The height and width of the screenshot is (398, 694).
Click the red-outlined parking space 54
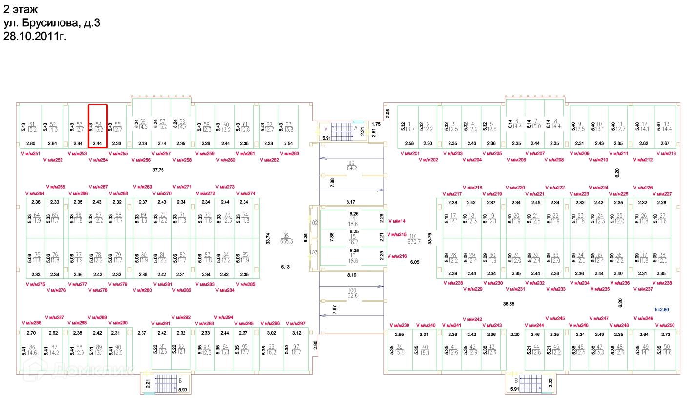98,126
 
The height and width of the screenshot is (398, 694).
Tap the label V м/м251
30,154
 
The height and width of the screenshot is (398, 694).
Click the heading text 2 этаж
20,9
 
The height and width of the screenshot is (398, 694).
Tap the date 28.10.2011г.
34,36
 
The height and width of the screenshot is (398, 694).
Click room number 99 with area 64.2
351,166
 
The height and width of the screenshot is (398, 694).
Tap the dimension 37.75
158,170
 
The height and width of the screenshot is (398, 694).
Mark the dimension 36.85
509,303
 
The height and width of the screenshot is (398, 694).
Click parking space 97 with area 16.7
296,350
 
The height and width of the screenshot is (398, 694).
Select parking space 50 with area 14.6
666,350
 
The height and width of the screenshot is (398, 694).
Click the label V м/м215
396,235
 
